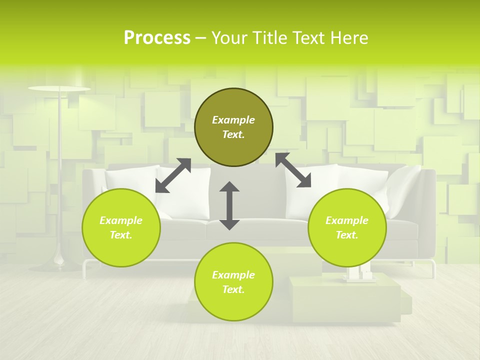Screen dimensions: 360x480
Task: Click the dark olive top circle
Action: [x=233, y=127]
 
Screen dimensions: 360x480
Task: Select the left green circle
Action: [x=121, y=227]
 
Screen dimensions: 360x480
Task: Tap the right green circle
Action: [x=347, y=227]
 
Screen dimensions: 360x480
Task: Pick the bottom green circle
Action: [x=233, y=282]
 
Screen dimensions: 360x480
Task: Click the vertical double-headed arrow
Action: [x=229, y=205]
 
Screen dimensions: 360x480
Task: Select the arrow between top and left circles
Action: [x=173, y=175]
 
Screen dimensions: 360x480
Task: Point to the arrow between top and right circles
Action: [x=293, y=170]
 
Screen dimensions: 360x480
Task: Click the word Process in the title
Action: [x=157, y=37]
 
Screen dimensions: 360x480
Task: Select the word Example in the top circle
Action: [x=233, y=120]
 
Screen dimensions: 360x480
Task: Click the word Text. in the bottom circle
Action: [x=233, y=289]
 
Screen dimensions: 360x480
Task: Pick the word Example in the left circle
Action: [x=121, y=220]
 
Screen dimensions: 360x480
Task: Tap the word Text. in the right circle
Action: [x=347, y=235]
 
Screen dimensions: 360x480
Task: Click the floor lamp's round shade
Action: [x=59, y=89]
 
